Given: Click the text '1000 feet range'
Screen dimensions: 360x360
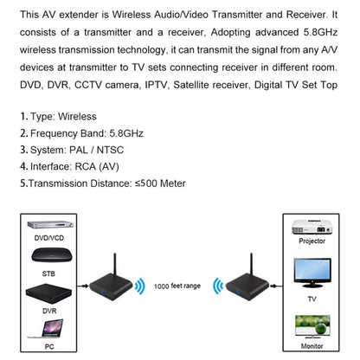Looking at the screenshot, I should click(178, 285).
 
